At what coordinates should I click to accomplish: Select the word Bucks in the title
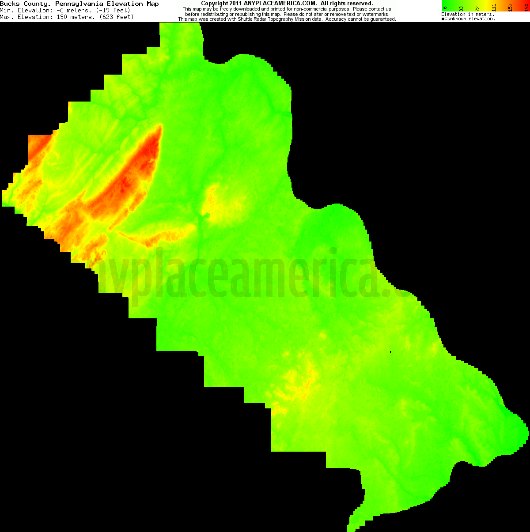point(10,4)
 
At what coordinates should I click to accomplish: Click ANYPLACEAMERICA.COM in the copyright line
point(280,4)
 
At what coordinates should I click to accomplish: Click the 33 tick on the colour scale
point(461,8)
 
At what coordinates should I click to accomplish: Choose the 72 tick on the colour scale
point(477,8)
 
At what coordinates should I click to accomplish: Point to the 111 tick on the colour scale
point(494,8)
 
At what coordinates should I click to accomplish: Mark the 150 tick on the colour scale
point(510,8)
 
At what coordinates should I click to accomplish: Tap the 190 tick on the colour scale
point(526,8)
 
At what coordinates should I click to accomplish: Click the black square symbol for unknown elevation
point(443,19)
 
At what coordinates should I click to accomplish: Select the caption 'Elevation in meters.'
point(468,15)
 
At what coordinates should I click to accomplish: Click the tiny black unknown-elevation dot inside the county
point(391,352)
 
